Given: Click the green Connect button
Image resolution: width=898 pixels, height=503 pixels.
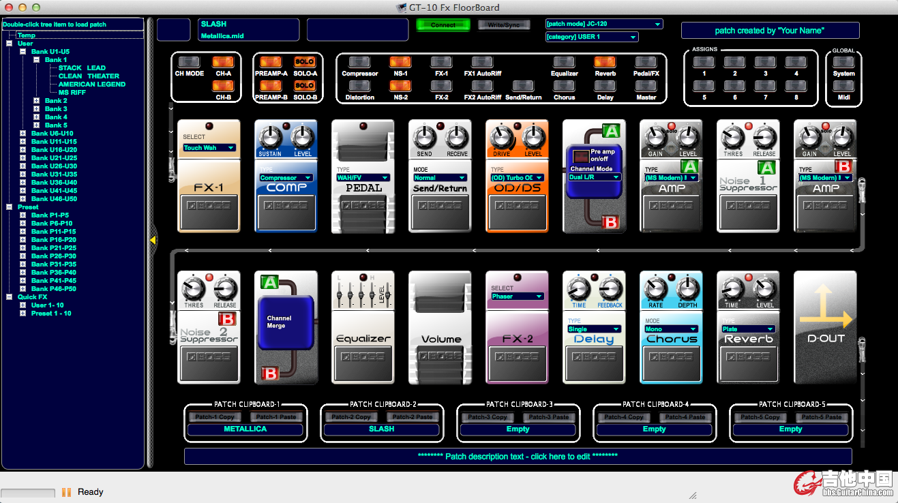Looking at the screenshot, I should (443, 25).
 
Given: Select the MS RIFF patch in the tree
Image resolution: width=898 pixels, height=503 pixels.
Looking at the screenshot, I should (72, 93).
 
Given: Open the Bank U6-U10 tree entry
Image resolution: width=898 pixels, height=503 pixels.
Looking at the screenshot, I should (52, 134).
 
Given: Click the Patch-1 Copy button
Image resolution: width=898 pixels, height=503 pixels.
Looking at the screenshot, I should (215, 417).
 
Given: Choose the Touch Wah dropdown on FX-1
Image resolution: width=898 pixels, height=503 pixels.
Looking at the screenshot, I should (209, 148).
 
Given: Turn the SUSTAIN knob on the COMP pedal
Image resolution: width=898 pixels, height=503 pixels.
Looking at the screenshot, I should (270, 138).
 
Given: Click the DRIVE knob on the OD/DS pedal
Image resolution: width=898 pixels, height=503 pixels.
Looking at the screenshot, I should (501, 138).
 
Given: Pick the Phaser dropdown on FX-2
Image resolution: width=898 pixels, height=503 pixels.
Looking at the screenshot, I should (517, 296).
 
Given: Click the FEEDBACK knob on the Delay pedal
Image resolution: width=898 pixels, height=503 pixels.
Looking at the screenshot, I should (609, 290).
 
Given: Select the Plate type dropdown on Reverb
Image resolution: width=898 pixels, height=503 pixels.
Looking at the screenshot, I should (747, 329).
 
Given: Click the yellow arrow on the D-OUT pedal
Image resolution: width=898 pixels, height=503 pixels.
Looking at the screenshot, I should (825, 310).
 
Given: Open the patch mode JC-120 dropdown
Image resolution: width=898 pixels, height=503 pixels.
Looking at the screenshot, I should (603, 24).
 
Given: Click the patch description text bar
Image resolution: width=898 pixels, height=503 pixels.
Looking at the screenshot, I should (518, 456).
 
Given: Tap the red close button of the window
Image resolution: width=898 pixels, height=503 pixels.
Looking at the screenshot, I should (8, 7).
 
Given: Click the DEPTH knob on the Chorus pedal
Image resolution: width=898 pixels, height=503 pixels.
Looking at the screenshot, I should (686, 290).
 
